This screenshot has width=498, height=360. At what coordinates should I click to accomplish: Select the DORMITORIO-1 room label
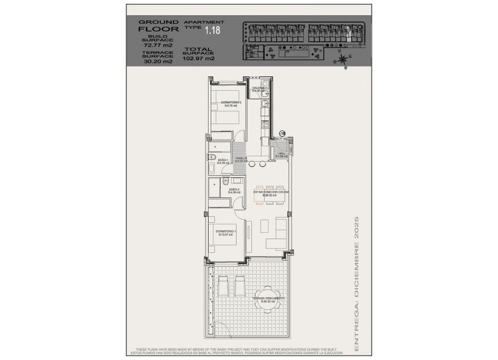click(225, 232)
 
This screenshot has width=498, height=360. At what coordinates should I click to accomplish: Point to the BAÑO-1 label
click(222, 161)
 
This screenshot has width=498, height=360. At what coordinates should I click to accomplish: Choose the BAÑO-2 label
click(234, 191)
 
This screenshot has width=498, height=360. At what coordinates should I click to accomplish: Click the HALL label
click(282, 155)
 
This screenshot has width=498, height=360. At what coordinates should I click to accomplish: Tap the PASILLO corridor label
click(241, 159)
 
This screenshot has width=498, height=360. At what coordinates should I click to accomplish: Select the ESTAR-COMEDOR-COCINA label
click(270, 193)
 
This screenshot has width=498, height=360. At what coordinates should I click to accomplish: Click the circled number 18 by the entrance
click(283, 134)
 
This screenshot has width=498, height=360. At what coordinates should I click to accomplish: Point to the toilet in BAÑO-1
click(211, 157)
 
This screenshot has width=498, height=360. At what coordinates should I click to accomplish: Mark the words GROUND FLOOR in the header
click(151, 26)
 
